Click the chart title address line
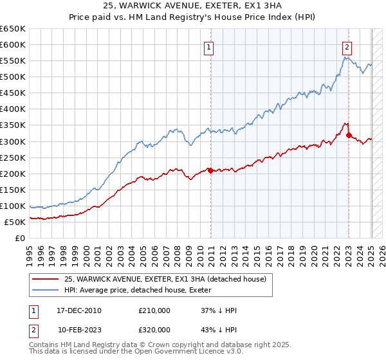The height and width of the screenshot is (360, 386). pyautogui.click(x=192, y=6)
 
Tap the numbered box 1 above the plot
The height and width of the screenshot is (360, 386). pyautogui.click(x=210, y=46)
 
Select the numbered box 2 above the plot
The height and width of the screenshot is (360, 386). pyautogui.click(x=347, y=46)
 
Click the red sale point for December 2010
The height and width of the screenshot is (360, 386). pyautogui.click(x=211, y=170)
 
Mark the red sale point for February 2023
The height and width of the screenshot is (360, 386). pyautogui.click(x=349, y=135)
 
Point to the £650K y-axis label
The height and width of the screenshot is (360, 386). pyautogui.click(x=13, y=29)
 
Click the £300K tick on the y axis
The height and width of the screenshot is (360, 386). pyautogui.click(x=13, y=141)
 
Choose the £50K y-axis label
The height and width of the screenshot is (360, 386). pyautogui.click(x=15, y=222)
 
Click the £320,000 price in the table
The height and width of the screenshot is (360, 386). pyautogui.click(x=154, y=330)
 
